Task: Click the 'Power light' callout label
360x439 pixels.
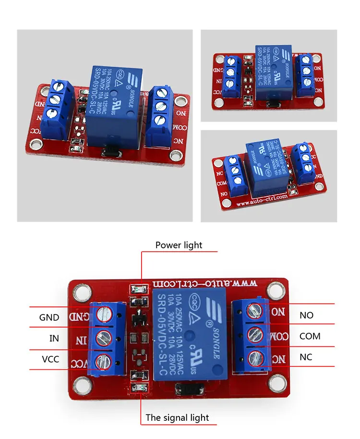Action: pyautogui.click(x=179, y=245)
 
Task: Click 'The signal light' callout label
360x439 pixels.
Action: pyautogui.click(x=177, y=417)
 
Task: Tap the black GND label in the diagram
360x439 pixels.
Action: pyautogui.click(x=49, y=317)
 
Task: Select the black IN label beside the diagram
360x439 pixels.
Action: pyautogui.click(x=54, y=338)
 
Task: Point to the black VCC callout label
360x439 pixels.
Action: pyautogui.click(x=50, y=359)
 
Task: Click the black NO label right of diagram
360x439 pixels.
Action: pyautogui.click(x=306, y=316)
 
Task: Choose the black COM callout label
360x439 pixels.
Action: pyautogui.click(x=310, y=336)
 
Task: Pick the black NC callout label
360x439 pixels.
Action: pyautogui.click(x=306, y=357)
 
